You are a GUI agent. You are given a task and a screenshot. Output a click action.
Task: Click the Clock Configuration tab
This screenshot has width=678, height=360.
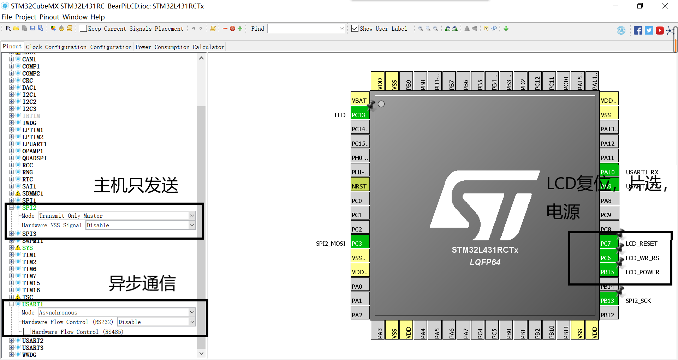point(56,47)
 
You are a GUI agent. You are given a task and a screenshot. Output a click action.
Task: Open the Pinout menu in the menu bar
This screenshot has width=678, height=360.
point(49,17)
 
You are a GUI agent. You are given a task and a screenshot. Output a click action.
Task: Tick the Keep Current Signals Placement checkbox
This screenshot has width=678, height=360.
point(83,29)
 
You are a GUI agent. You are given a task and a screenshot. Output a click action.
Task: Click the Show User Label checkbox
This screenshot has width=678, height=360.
point(355,29)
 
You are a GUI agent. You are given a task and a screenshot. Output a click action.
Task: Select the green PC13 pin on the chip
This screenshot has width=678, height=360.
point(360,115)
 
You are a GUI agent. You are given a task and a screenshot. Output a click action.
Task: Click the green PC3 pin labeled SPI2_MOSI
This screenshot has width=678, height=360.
point(360,244)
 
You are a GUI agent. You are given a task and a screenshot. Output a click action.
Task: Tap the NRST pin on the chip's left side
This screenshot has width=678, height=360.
point(360,186)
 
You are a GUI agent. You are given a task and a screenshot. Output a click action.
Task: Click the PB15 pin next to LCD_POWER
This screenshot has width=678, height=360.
point(609,272)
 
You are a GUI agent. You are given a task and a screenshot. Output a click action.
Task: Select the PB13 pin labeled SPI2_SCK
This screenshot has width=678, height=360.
point(609,301)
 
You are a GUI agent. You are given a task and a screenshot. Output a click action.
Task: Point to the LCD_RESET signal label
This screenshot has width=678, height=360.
point(641,244)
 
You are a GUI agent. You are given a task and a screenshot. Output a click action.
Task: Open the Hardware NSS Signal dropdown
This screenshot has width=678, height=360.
point(140,225)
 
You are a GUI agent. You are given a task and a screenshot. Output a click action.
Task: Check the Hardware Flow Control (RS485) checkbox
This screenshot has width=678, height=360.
point(27,332)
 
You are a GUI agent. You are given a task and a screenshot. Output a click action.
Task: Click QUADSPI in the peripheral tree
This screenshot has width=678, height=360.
point(34,158)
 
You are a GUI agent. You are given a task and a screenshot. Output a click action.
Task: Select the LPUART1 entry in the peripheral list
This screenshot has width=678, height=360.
point(34,144)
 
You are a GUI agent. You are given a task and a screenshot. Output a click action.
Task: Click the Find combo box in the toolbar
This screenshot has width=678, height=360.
point(306,29)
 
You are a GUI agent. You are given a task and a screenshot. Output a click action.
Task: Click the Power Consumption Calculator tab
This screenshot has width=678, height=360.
point(180,47)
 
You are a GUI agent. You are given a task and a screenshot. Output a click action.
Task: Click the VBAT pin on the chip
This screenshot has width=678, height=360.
point(360,101)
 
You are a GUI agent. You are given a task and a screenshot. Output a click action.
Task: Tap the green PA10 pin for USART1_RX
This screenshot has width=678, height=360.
point(609,172)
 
